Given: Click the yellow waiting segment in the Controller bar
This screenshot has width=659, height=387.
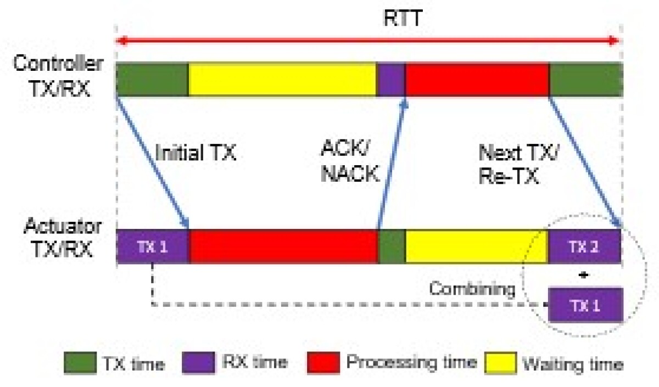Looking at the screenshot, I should coord(282,79).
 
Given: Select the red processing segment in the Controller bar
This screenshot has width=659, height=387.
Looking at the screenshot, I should coord(477,79).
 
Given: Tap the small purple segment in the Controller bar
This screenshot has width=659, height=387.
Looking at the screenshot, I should coord(391,79).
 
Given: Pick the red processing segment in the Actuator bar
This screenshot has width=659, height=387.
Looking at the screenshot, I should coord(284,246).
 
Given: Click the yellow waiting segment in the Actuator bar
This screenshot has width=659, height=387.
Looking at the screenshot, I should coord(476,246).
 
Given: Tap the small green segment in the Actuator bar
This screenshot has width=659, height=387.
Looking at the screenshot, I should coord(392,246).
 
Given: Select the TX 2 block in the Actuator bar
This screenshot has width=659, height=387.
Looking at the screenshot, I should coord(585,246).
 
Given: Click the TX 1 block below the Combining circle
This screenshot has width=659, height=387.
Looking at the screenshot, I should coord(585,305).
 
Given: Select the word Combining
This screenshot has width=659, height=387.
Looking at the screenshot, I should coord(472,288).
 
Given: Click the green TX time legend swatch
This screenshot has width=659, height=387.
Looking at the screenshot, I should coord(80,363).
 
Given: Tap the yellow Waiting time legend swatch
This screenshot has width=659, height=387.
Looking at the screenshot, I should coord(499,363).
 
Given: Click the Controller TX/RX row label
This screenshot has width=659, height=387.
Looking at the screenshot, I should coord(58,76).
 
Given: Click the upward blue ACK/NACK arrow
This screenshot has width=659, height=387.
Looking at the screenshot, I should coord(391,165).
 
